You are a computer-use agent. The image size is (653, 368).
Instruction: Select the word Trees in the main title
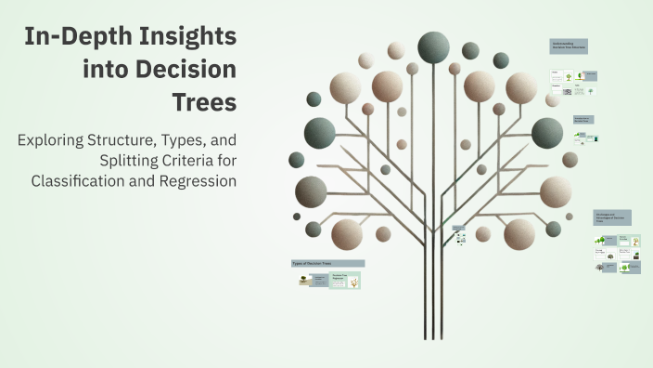point(205,102)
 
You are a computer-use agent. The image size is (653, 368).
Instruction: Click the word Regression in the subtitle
point(198,180)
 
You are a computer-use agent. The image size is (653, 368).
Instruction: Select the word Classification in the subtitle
point(84,180)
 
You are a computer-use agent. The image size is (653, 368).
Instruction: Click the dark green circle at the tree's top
point(433,46)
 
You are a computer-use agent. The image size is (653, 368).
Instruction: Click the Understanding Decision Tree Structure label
point(569,45)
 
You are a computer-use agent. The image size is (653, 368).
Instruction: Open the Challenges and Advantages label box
point(612,217)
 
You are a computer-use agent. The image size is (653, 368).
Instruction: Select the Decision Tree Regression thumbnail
point(345,280)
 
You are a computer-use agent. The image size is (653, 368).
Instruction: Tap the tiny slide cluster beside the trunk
point(459,234)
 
